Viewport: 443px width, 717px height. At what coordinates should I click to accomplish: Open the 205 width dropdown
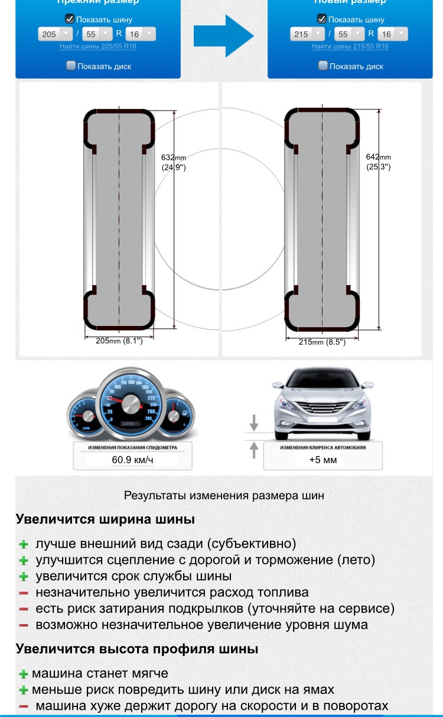point(55,34)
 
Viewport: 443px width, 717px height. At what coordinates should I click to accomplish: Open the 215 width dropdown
point(308,34)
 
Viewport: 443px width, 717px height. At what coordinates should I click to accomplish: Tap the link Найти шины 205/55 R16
point(98,46)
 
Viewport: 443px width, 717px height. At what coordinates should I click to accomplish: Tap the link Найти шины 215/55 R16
point(350,46)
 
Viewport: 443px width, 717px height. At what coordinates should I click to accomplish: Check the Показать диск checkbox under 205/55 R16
point(71,66)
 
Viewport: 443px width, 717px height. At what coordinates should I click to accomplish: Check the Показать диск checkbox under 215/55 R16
point(323,66)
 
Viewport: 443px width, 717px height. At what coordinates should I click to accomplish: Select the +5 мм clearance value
point(323,460)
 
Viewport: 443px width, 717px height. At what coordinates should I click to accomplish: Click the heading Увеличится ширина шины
point(105,519)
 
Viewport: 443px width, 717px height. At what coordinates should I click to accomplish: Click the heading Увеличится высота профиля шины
point(136,648)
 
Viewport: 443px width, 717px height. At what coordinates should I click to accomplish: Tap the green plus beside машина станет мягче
point(24,674)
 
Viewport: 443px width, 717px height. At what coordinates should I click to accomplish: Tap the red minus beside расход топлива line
point(24,593)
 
